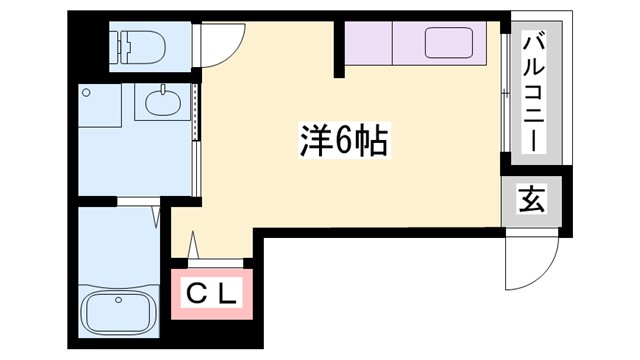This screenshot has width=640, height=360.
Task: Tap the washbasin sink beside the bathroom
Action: pyautogui.click(x=162, y=101)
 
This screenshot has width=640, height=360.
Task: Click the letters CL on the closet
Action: pyautogui.click(x=214, y=294)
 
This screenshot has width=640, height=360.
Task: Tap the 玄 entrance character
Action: pyautogui.click(x=531, y=200)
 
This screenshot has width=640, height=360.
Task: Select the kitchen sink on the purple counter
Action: pyautogui.click(x=449, y=44)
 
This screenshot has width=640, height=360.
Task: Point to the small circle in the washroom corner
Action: pyautogui.click(x=89, y=92)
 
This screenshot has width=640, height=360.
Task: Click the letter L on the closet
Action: pyautogui.click(x=229, y=294)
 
